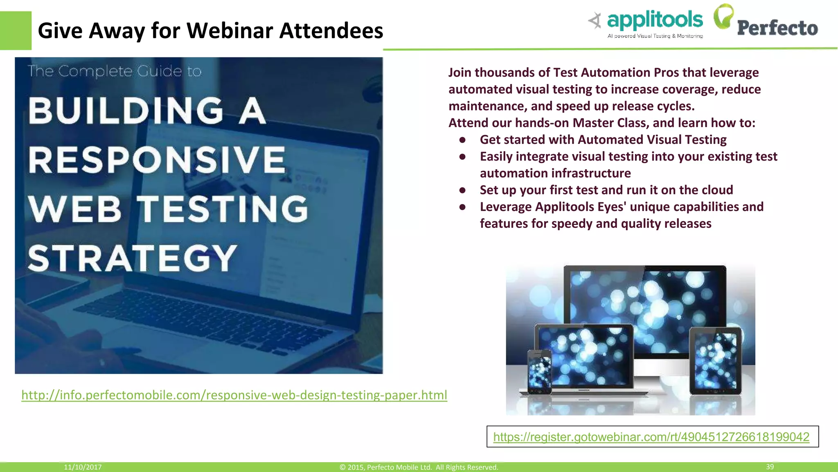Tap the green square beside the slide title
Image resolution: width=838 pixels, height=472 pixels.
click(x=16, y=30)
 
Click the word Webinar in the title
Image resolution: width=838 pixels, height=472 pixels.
click(x=230, y=31)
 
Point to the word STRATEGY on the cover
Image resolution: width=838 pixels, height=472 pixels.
click(x=133, y=259)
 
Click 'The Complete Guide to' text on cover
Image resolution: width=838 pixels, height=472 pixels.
click(x=115, y=71)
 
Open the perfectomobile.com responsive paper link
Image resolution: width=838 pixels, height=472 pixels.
click(x=234, y=395)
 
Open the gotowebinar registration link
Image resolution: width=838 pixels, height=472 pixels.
click(x=651, y=437)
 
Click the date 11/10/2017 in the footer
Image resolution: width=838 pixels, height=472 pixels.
click(x=83, y=467)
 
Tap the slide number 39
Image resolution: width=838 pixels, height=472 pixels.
click(x=770, y=467)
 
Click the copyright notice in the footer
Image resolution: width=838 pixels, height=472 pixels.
click(x=419, y=467)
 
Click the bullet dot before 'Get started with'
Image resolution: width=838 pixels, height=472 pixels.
click(x=462, y=140)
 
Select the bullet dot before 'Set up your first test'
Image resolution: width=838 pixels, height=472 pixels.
click(x=462, y=190)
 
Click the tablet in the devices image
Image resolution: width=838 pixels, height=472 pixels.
click(x=715, y=361)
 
